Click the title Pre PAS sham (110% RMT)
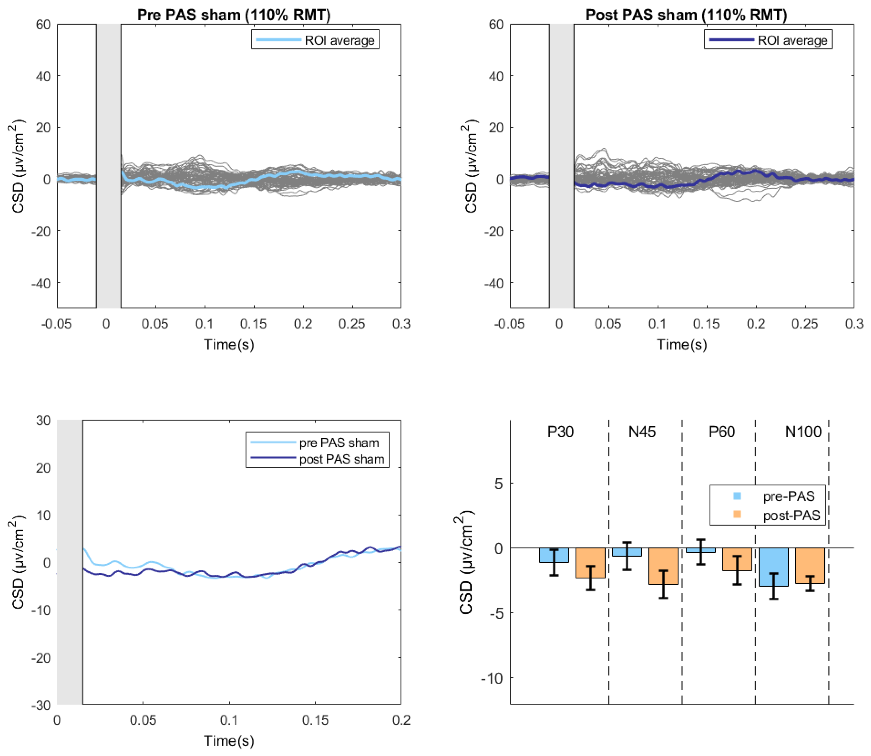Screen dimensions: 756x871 tap(234, 15)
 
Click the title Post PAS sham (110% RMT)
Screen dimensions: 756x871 tap(686, 15)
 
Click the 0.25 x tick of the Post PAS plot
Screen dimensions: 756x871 tap(805, 324)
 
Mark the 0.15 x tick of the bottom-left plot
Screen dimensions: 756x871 tap(315, 720)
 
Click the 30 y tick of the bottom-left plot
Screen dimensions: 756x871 tap(43, 420)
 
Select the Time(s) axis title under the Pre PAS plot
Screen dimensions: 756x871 tap(229, 345)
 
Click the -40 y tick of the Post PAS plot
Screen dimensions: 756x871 tap(493, 283)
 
